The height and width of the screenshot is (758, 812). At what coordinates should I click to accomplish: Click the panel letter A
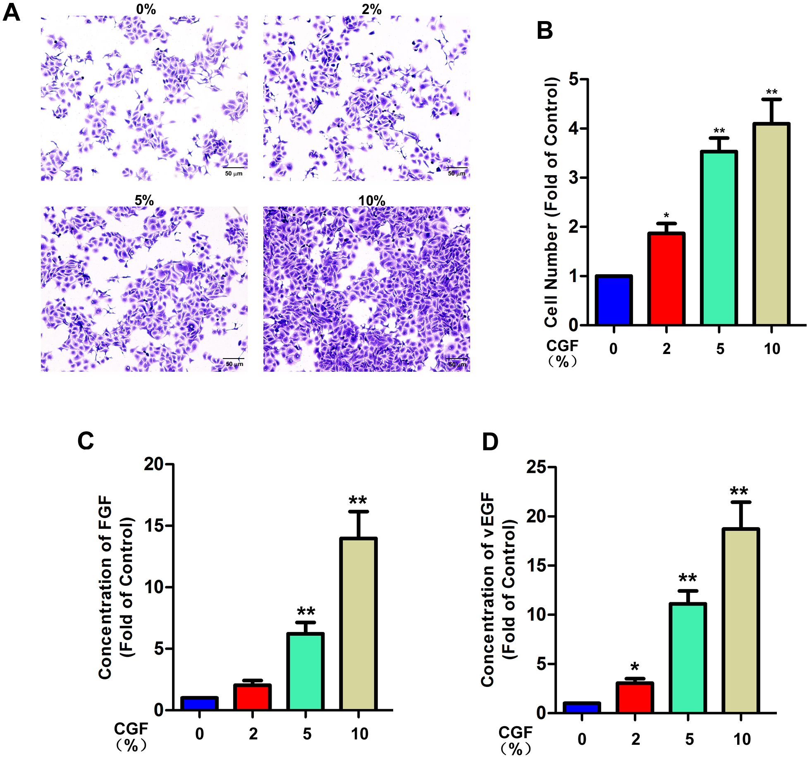click(12, 12)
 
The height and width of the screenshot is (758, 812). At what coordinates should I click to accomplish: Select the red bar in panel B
click(666, 279)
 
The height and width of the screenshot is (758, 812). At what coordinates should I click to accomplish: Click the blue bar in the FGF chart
click(199, 703)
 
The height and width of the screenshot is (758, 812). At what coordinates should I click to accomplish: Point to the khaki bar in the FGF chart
click(358, 624)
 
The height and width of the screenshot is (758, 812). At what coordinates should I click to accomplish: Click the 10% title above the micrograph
click(371, 201)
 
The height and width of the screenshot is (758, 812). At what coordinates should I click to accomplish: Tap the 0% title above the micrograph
click(146, 9)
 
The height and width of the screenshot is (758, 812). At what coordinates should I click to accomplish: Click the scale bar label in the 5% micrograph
click(234, 364)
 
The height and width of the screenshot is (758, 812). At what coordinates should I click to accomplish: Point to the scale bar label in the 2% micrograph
click(456, 173)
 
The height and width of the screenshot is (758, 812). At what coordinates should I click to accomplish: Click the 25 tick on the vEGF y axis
click(536, 467)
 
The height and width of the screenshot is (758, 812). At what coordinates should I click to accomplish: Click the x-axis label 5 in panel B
click(720, 349)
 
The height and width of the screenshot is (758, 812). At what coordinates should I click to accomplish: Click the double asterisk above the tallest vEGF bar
click(739, 492)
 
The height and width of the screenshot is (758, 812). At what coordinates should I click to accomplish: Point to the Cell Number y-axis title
click(552, 202)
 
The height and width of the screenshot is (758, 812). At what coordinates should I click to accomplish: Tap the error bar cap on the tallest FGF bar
click(358, 512)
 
